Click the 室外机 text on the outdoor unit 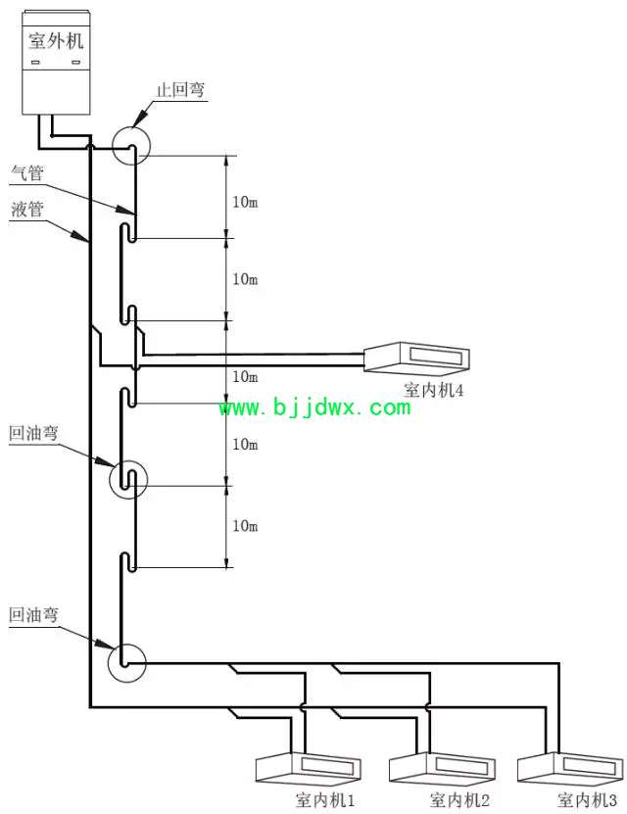point(56,40)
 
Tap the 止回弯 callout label point(180,90)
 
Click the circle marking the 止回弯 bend point(131,145)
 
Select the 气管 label point(27,172)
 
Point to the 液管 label point(27,210)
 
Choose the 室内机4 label point(433,390)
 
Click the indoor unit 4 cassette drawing point(416,358)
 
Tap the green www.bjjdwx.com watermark point(315,407)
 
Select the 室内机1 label point(325,800)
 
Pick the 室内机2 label point(459,800)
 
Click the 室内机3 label point(588,800)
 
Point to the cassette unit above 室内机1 point(309,768)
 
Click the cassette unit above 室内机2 point(442,768)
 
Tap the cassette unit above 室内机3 point(570,768)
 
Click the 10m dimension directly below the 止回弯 point(245,202)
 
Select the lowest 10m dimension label point(245,526)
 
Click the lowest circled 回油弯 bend point(127,663)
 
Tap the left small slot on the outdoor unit point(36,63)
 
